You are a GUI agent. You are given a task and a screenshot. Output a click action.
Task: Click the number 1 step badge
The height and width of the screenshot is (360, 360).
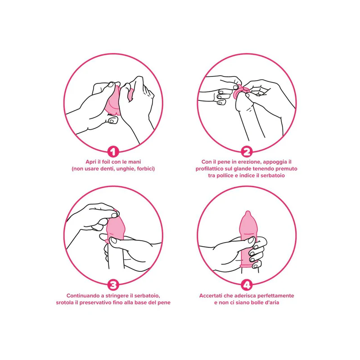(x=113, y=152)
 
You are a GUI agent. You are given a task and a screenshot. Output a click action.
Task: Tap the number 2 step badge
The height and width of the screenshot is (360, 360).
(x=247, y=152)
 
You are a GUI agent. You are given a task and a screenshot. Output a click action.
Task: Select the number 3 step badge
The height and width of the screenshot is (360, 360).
(x=113, y=285)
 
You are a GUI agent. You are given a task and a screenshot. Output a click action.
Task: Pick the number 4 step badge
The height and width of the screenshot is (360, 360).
(x=247, y=285)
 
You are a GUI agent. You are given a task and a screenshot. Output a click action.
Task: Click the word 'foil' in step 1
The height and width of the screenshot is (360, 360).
(x=105, y=162)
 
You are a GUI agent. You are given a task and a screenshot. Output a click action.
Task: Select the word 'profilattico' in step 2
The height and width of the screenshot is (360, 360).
(x=209, y=169)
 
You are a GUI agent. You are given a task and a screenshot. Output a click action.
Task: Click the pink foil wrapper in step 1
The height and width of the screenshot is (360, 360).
(x=114, y=102)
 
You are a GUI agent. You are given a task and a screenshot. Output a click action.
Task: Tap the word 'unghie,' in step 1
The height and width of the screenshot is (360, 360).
(x=126, y=169)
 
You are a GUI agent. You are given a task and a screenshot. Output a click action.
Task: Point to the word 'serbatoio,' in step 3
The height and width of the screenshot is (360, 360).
(x=147, y=296)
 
